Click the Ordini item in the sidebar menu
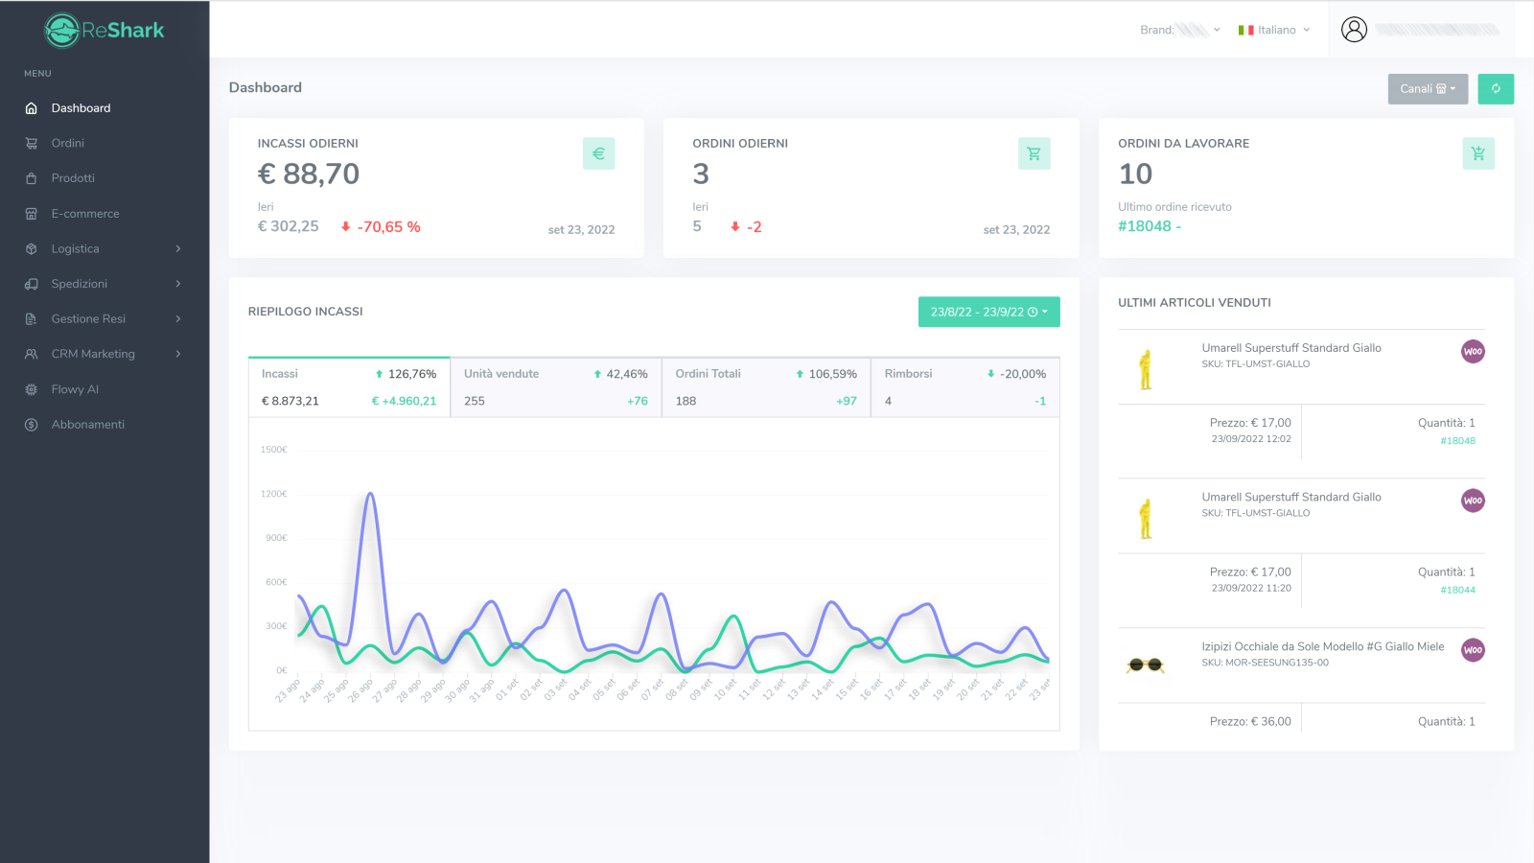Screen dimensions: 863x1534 click(67, 143)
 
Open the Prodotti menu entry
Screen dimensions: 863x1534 click(73, 178)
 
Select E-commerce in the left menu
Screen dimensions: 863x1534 click(84, 214)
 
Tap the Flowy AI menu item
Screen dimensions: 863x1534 click(75, 389)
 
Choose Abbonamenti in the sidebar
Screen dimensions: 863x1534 click(87, 425)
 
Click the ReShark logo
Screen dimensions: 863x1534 click(105, 31)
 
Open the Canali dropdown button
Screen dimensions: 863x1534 click(1428, 89)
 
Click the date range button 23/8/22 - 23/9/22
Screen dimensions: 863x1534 click(988, 312)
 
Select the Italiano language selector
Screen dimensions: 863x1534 click(1274, 30)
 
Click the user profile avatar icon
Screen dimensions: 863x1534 click(1354, 30)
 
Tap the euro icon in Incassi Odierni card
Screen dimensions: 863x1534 click(598, 153)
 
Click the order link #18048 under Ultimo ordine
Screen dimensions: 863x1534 click(1145, 226)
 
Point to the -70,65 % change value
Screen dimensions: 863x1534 click(388, 227)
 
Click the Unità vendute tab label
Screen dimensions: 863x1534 click(501, 374)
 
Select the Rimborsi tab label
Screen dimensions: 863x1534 click(908, 374)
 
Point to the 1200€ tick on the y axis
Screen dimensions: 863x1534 click(274, 494)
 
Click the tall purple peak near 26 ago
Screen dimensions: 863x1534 click(370, 495)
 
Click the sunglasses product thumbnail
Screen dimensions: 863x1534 click(1145, 665)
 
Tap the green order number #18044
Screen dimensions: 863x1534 click(1457, 591)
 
